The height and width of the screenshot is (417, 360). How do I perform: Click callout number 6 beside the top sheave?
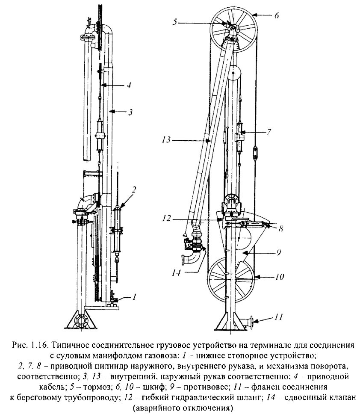coord(277,15)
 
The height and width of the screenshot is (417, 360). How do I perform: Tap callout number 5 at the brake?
coord(175,22)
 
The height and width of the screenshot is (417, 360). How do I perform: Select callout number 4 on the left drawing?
coord(129,85)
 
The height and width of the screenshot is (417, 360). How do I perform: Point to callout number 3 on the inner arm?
coord(130,112)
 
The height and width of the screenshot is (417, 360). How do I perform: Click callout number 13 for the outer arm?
coord(166,139)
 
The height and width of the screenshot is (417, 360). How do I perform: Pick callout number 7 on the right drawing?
coord(269,132)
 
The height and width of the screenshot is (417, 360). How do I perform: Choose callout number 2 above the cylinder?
coord(134,189)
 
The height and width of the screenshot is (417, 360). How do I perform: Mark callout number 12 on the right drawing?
coord(167,219)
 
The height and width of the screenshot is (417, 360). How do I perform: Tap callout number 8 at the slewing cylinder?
coord(280,228)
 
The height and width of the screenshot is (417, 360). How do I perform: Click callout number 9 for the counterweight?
coord(278,252)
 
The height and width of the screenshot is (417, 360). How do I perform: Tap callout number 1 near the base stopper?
coord(134,296)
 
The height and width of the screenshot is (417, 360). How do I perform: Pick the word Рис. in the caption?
coord(19,345)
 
